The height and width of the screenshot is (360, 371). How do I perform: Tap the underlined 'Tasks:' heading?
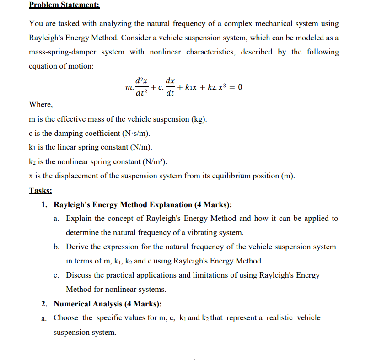pos(41,190)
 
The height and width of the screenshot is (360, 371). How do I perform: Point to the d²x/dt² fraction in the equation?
pos(142,87)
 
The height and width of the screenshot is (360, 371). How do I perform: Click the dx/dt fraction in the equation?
pos(170,87)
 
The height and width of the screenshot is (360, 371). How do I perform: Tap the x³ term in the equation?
pos(224,87)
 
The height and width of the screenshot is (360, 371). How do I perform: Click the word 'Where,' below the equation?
pos(41,105)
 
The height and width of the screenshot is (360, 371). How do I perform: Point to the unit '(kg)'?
pos(198,119)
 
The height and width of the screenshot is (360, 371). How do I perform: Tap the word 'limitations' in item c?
pos(238,275)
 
